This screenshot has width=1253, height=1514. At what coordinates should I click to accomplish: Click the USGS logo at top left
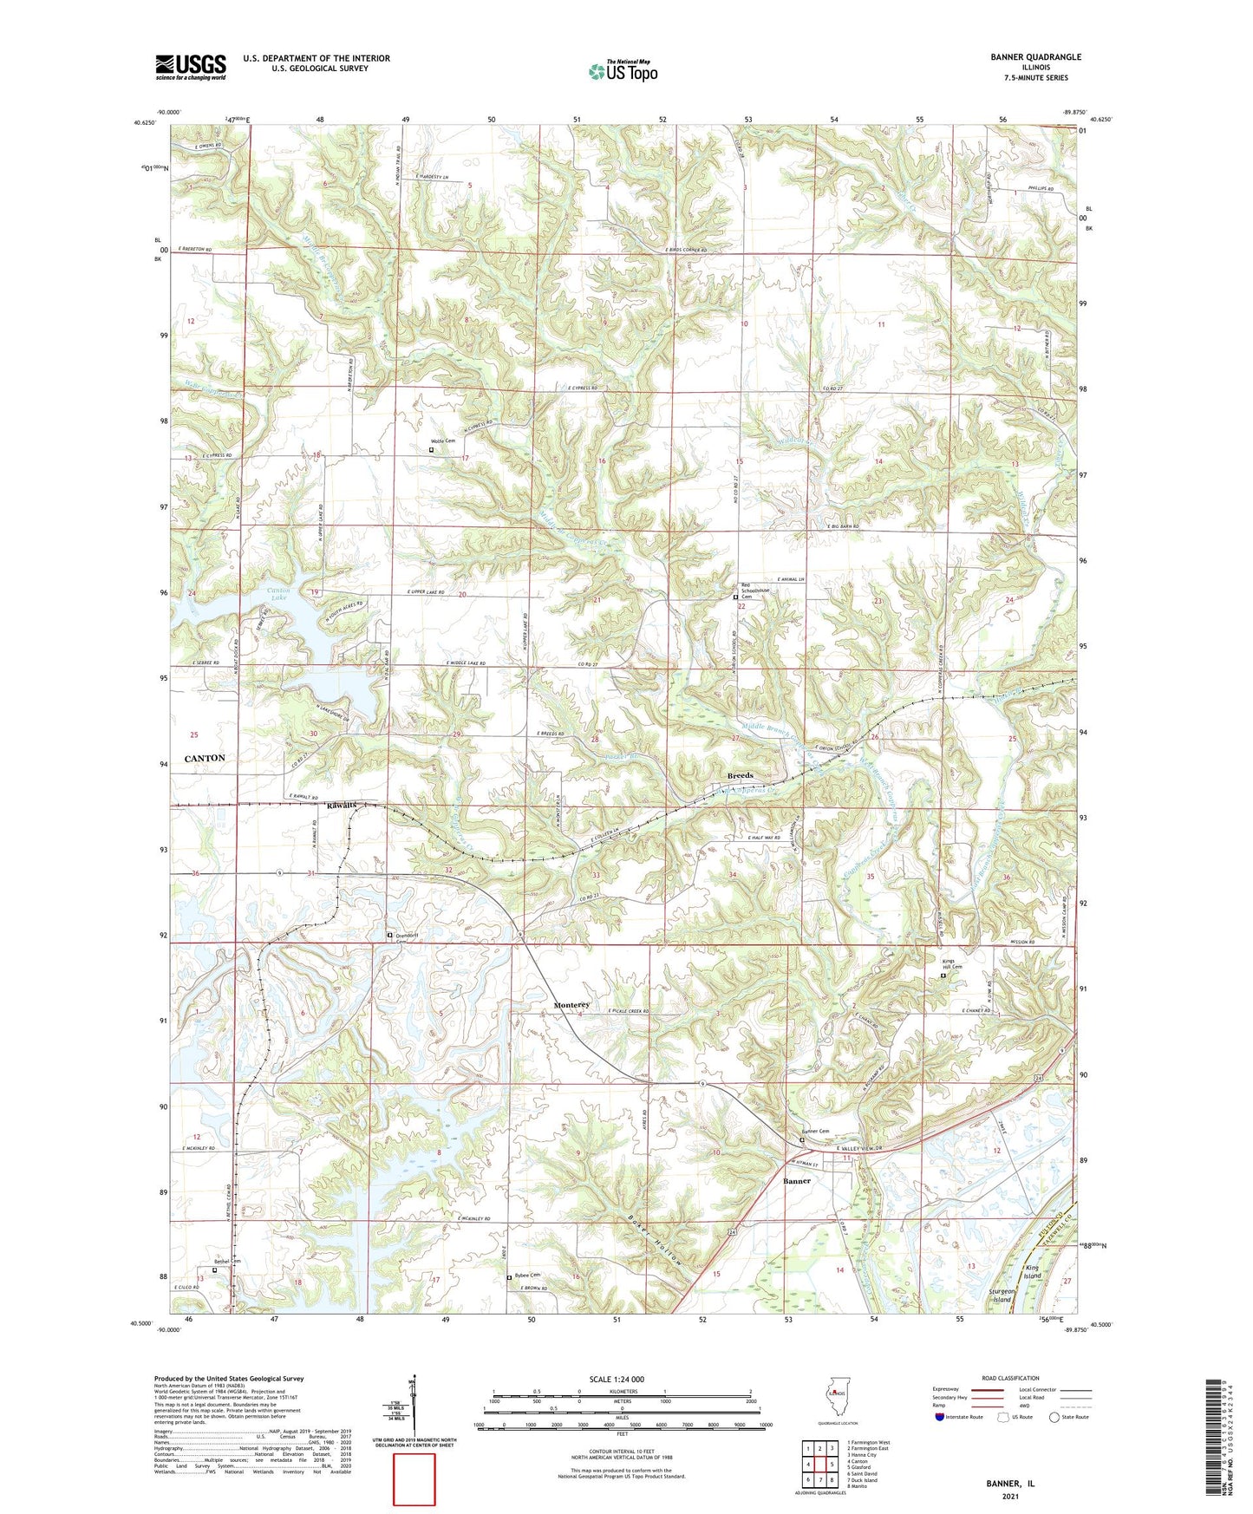(x=191, y=67)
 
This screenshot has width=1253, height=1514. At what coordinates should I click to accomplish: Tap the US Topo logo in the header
(x=622, y=71)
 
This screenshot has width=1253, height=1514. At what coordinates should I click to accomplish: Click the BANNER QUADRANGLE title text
(x=1035, y=57)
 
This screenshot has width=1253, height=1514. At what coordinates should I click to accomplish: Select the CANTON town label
(x=205, y=758)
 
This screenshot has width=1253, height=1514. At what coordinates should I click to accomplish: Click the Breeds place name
(x=740, y=775)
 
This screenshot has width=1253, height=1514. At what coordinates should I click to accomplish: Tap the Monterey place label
(x=571, y=1005)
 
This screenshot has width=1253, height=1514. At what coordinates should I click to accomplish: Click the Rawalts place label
(x=342, y=806)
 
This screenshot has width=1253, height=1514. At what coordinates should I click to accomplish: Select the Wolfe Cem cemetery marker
(x=431, y=450)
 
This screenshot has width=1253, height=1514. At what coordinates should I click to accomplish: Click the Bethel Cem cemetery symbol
(x=215, y=1270)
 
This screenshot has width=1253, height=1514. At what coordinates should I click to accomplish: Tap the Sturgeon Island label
(x=1002, y=1296)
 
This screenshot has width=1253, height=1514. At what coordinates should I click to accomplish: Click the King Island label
(x=1032, y=1272)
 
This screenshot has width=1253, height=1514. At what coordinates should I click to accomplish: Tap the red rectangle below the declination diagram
(x=414, y=1479)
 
